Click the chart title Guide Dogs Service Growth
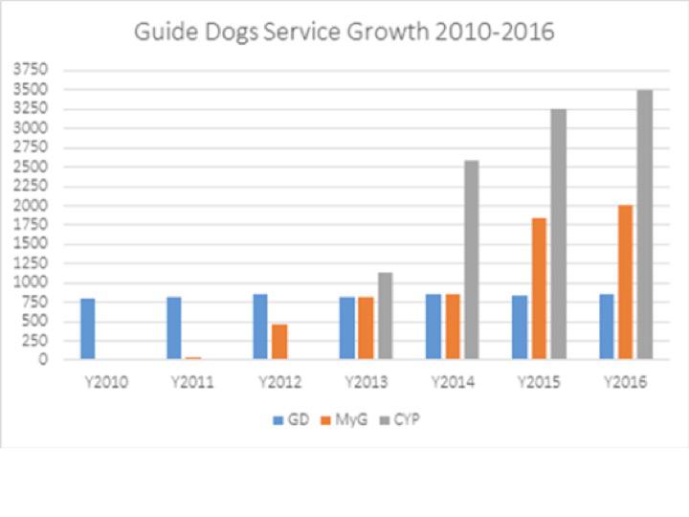344,32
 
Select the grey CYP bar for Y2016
644,224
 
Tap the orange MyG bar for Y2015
539,288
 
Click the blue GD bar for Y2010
87,328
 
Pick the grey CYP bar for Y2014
472,259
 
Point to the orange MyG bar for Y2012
279,341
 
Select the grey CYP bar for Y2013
385,316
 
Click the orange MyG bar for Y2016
625,281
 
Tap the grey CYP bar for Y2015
558,234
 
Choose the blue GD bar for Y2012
260,326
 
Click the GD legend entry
291,419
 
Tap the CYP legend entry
402,419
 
